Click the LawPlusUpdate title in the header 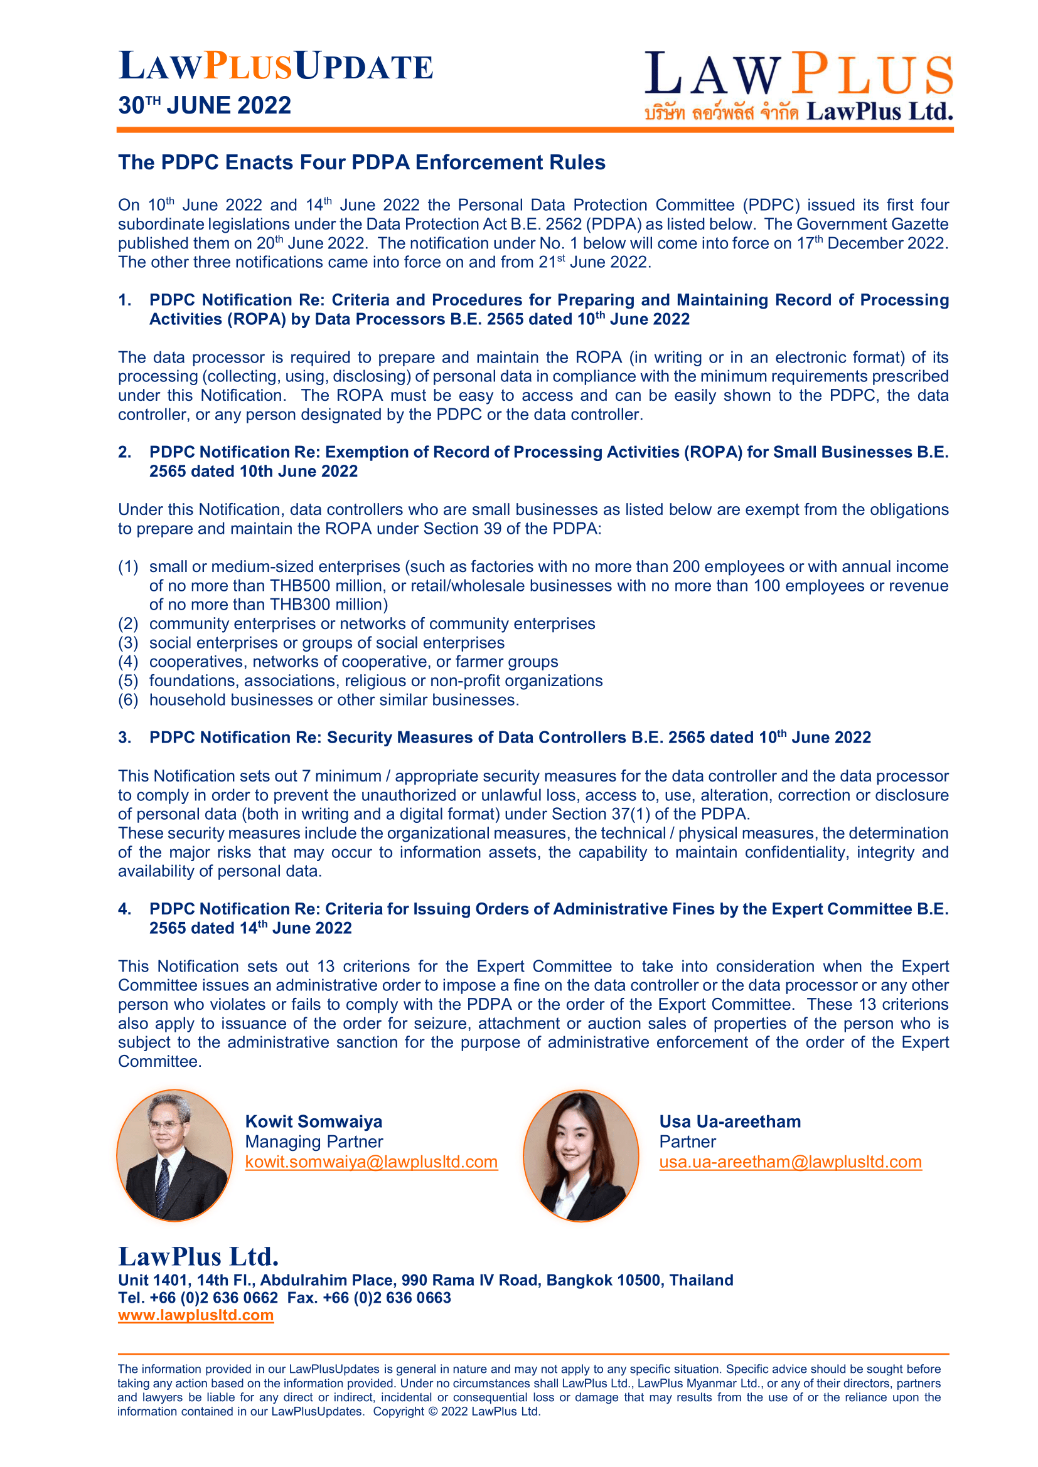[x=276, y=67]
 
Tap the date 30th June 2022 [x=205, y=105]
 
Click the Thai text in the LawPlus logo [x=721, y=113]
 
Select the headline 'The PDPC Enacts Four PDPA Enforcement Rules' [x=361, y=162]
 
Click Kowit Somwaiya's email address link [x=372, y=1162]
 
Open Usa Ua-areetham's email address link [x=790, y=1162]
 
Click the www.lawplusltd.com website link [x=196, y=1315]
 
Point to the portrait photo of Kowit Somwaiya [x=174, y=1155]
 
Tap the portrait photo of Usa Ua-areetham [x=581, y=1155]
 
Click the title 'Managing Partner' [x=314, y=1141]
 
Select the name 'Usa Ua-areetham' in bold [x=730, y=1121]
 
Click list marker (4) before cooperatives [x=128, y=662]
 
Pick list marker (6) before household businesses [x=128, y=701]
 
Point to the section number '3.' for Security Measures [x=125, y=738]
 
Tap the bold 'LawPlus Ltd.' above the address [x=198, y=1256]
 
